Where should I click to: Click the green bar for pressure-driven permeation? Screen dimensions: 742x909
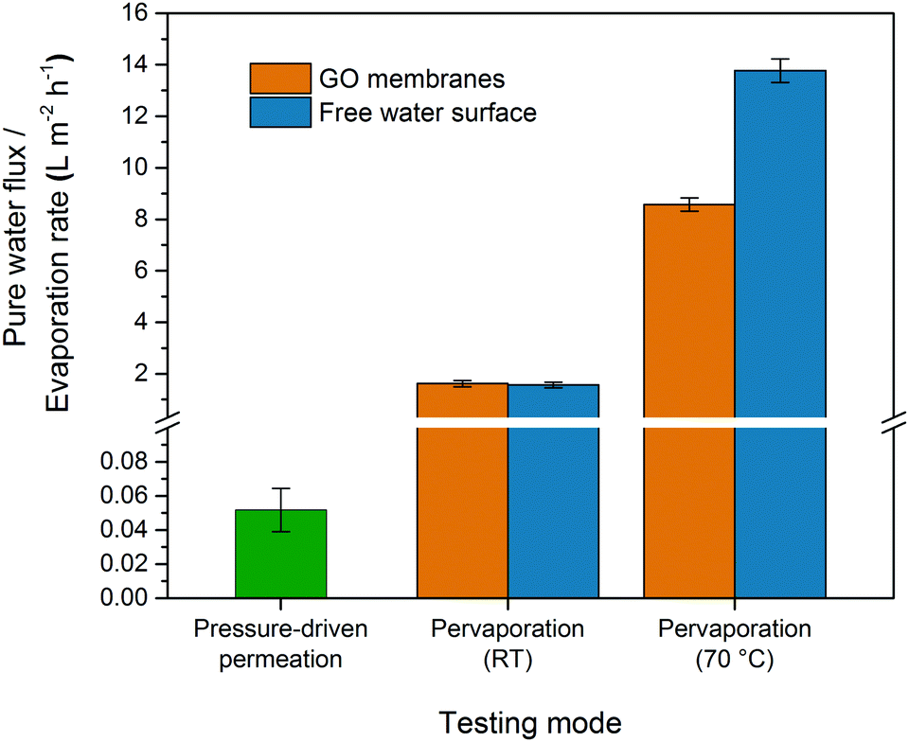coord(281,554)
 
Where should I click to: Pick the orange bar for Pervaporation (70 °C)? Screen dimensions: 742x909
coord(689,397)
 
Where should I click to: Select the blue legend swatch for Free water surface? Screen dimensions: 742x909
coord(280,113)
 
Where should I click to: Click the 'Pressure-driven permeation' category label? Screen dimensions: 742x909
coord(281,645)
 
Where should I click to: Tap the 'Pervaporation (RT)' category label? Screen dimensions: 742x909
coord(508,645)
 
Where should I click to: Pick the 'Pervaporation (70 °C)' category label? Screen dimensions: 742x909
coord(735,645)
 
